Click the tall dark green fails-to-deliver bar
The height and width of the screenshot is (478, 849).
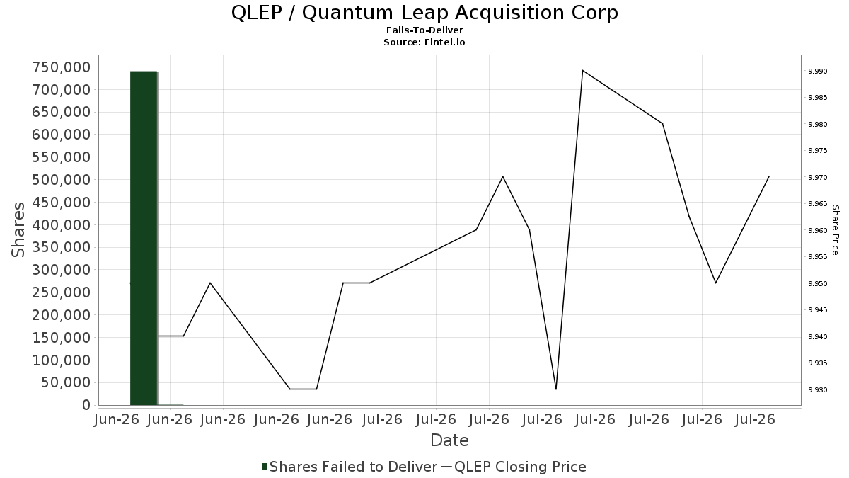point(144,238)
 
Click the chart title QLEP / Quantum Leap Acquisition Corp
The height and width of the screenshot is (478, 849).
point(424,13)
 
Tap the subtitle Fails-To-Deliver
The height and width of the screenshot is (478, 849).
point(424,30)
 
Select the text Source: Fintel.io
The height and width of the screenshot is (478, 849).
point(424,42)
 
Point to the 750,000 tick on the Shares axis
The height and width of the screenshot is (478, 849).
point(62,67)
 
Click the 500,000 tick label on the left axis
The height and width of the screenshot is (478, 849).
point(62,179)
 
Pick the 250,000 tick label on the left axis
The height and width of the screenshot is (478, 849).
point(62,292)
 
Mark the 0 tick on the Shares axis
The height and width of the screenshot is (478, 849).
point(87,405)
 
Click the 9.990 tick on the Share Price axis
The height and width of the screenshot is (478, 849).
point(818,72)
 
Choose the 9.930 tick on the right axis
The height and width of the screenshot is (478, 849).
point(818,389)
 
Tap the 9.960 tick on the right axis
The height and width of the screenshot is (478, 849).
point(818,231)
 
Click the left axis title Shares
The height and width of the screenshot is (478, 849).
point(18,229)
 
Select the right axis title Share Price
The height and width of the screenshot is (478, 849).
point(836,230)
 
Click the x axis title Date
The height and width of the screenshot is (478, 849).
point(449,440)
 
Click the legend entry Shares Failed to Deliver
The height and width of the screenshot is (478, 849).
point(350,467)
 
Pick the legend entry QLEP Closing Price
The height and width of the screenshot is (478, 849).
point(514,467)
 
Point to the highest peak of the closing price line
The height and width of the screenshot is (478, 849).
point(582,70)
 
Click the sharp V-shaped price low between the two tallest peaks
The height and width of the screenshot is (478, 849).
point(556,389)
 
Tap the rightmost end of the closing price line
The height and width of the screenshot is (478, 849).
point(769,177)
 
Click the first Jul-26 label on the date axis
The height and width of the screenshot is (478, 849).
point(383,419)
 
